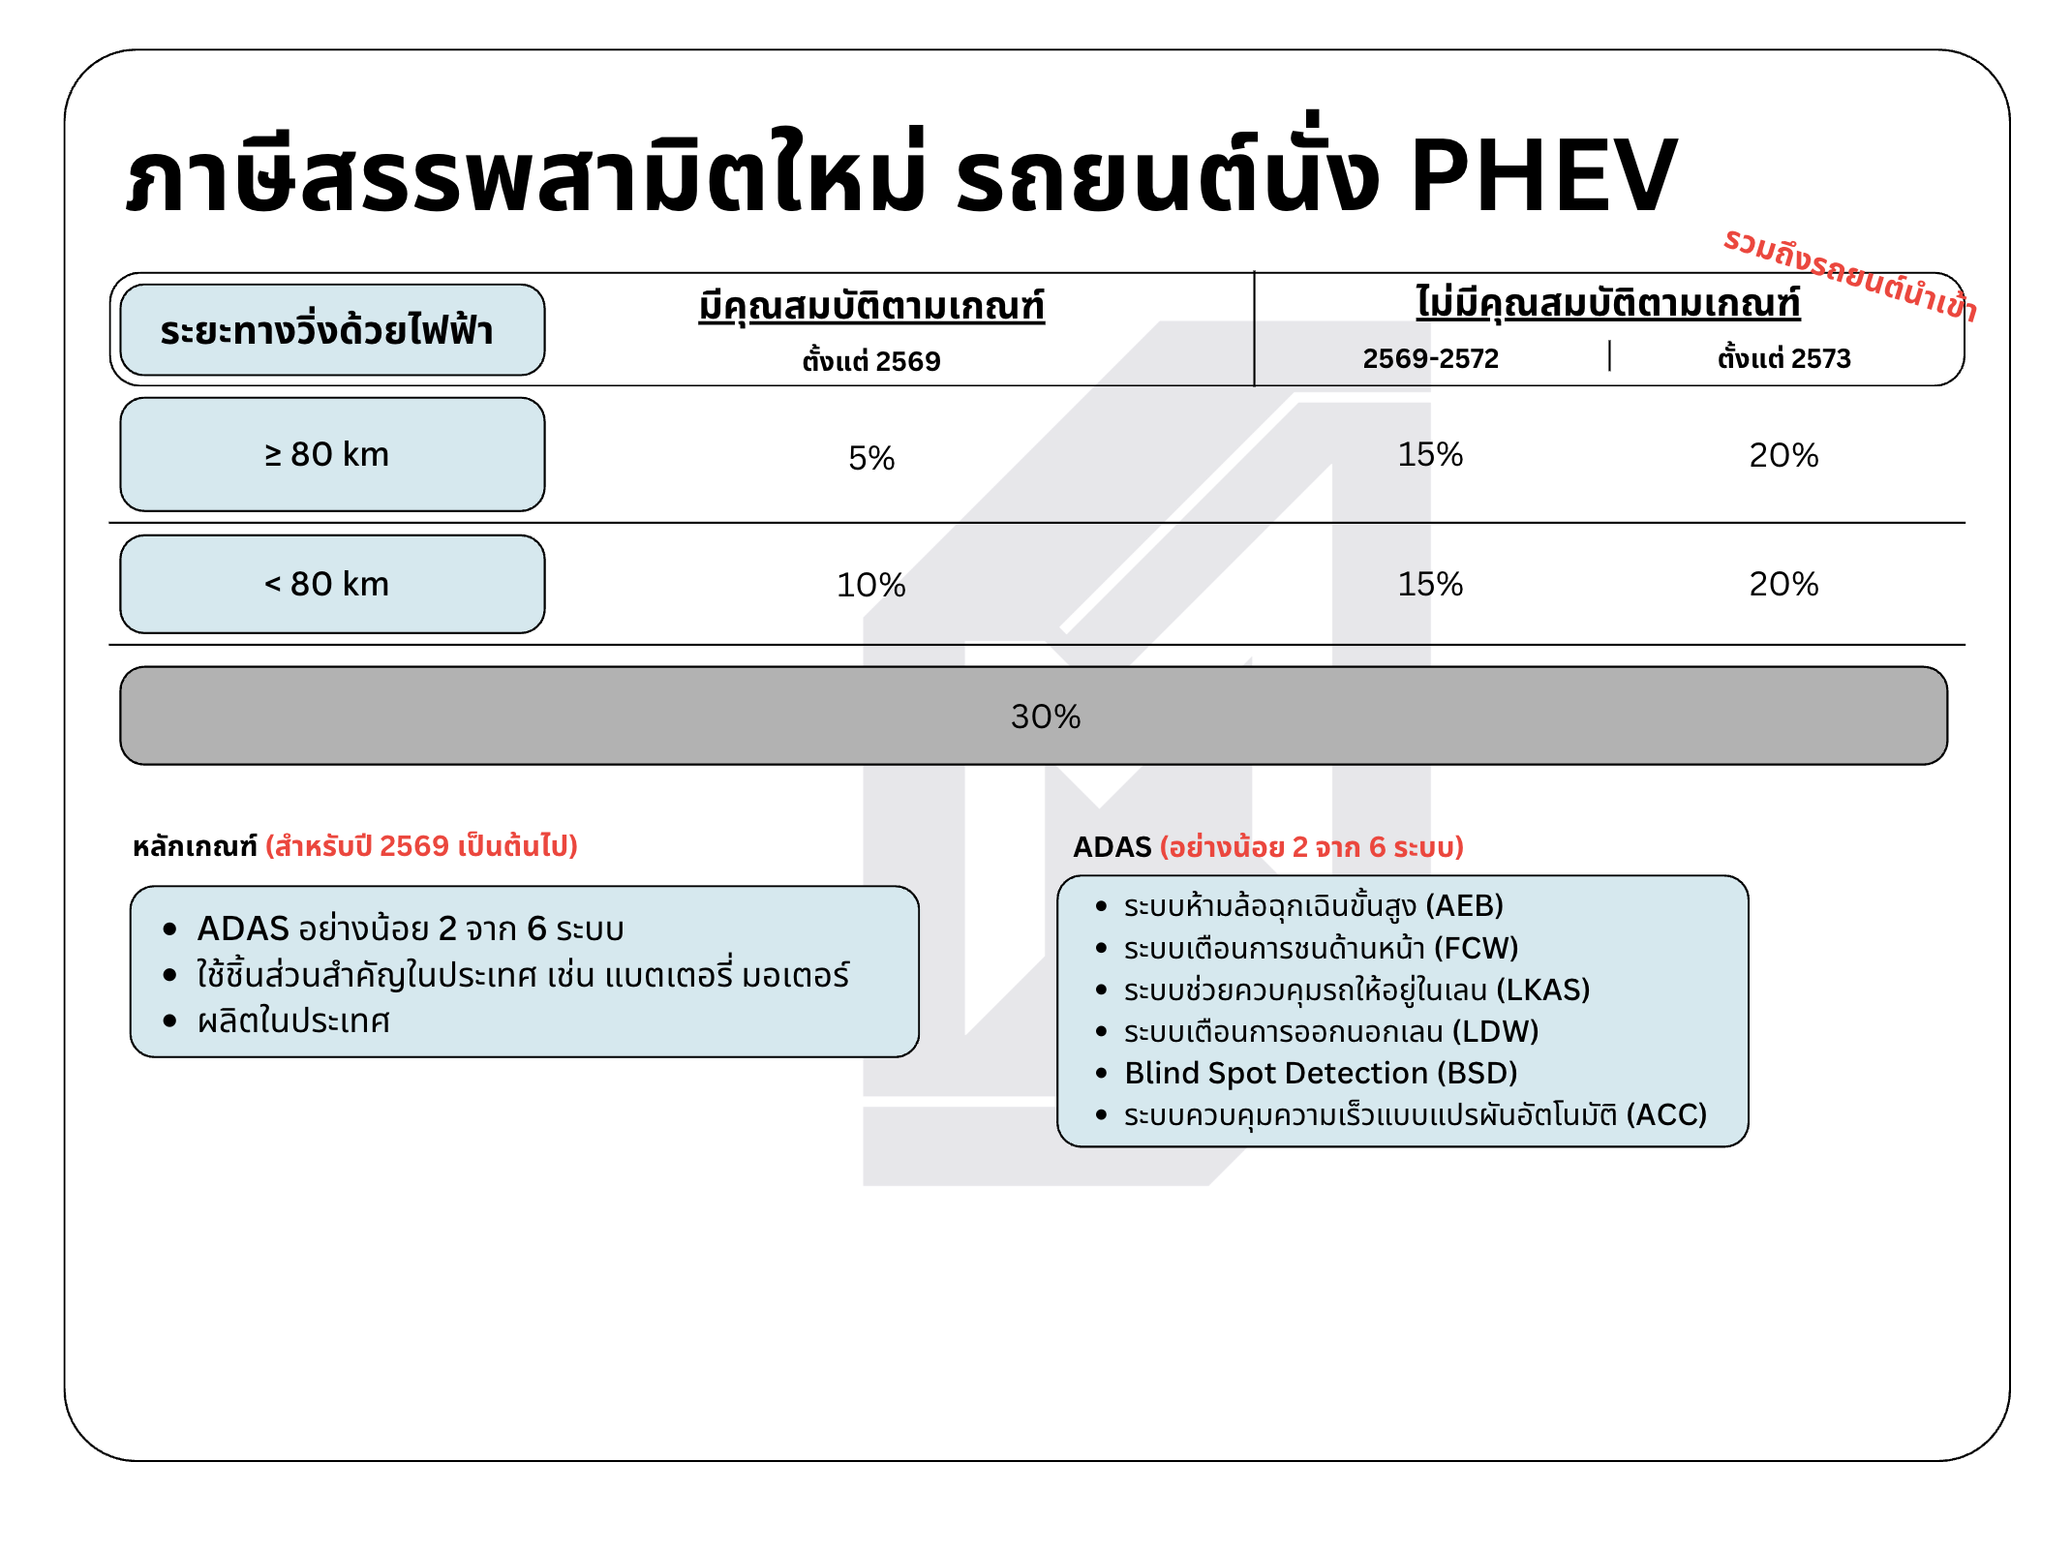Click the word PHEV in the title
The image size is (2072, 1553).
1543,176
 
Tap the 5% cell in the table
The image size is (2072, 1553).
871,458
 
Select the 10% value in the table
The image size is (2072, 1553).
871,585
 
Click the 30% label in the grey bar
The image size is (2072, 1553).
1046,716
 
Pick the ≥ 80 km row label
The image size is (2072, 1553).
327,454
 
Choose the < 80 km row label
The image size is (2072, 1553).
327,584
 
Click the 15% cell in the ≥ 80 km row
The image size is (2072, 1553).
1430,454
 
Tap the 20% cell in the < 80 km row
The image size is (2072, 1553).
1783,584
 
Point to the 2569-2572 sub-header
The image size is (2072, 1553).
1430,359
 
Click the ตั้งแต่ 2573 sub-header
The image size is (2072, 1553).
1783,359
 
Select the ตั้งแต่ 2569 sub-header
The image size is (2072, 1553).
871,361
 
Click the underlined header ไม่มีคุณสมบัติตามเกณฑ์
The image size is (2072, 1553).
1607,304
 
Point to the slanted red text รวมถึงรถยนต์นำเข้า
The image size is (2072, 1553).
1849,275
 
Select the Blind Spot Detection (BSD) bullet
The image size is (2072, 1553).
1321,1073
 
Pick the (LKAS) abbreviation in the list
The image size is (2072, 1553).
1543,990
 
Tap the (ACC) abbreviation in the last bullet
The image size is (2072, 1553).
1666,1114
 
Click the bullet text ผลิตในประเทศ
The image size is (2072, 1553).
293,1021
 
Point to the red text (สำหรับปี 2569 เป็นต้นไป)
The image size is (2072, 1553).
421,846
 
